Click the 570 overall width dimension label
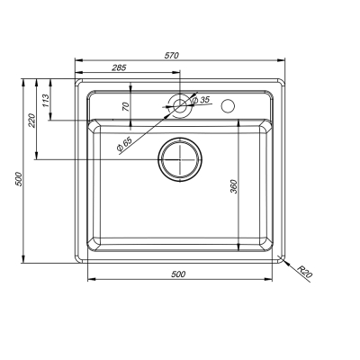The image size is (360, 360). pos(172,56)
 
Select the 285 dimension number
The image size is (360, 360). pos(119,67)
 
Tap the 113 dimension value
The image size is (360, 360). pos(45,101)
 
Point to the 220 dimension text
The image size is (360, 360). pos(31,121)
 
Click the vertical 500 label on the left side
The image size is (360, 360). pos(19,179)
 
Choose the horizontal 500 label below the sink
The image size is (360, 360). pos(178,274)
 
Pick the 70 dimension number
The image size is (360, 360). pos(126,106)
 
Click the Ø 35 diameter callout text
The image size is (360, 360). pos(200,100)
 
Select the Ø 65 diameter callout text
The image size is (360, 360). pos(124,144)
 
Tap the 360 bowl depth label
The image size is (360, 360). pos(234,186)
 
